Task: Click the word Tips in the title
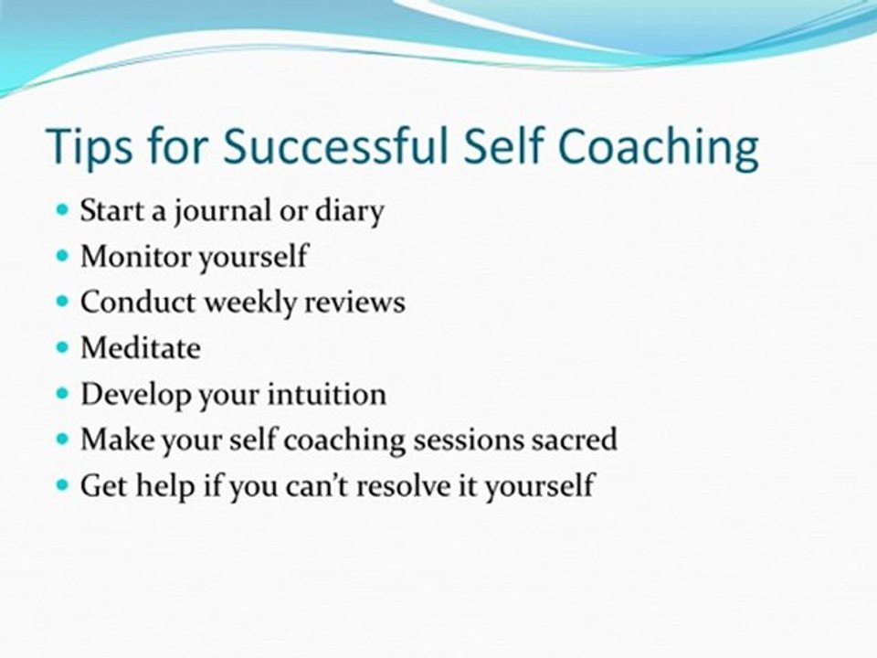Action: point(91,146)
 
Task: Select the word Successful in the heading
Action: point(335,145)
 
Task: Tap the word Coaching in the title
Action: point(659,147)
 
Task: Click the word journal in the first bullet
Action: point(221,211)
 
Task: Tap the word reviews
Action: point(354,302)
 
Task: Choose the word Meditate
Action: point(141,348)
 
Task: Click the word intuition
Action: point(327,394)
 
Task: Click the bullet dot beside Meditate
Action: point(62,347)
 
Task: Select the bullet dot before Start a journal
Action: point(62,210)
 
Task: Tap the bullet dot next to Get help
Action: point(62,484)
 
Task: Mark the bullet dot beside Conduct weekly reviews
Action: point(62,302)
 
